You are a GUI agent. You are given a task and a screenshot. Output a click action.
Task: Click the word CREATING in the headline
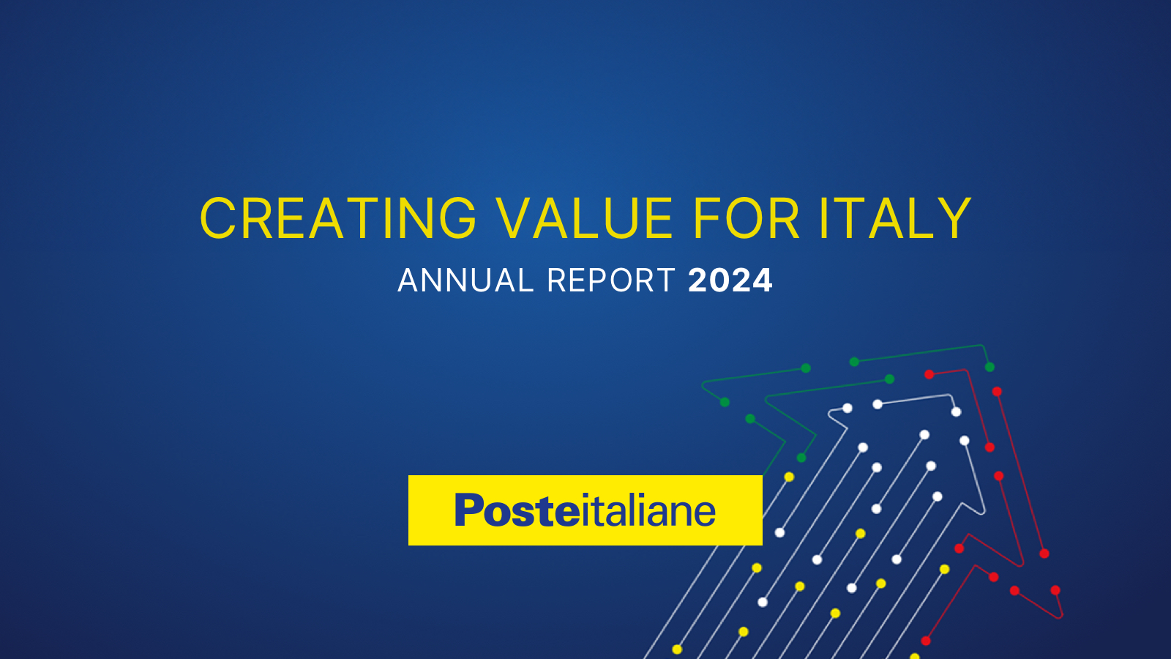(x=338, y=219)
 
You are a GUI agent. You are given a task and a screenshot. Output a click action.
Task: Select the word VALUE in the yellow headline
(x=585, y=219)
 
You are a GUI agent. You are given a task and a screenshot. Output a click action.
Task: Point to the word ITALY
(x=895, y=219)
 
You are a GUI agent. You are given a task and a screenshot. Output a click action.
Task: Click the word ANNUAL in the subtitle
(x=465, y=281)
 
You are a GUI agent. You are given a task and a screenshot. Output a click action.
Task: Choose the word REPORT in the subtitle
(x=610, y=281)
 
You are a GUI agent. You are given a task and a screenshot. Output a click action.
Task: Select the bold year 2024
(x=730, y=281)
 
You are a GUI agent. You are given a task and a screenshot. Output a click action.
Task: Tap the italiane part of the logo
(x=648, y=510)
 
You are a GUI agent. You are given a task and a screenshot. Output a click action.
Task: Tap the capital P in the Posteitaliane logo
(x=468, y=510)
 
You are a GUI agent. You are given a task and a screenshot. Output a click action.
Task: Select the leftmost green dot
(x=725, y=402)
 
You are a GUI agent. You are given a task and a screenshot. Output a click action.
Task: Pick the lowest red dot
(x=926, y=641)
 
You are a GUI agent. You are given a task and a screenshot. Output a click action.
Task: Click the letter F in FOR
(x=707, y=219)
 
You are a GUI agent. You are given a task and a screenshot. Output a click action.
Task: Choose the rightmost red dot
(x=1055, y=590)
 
